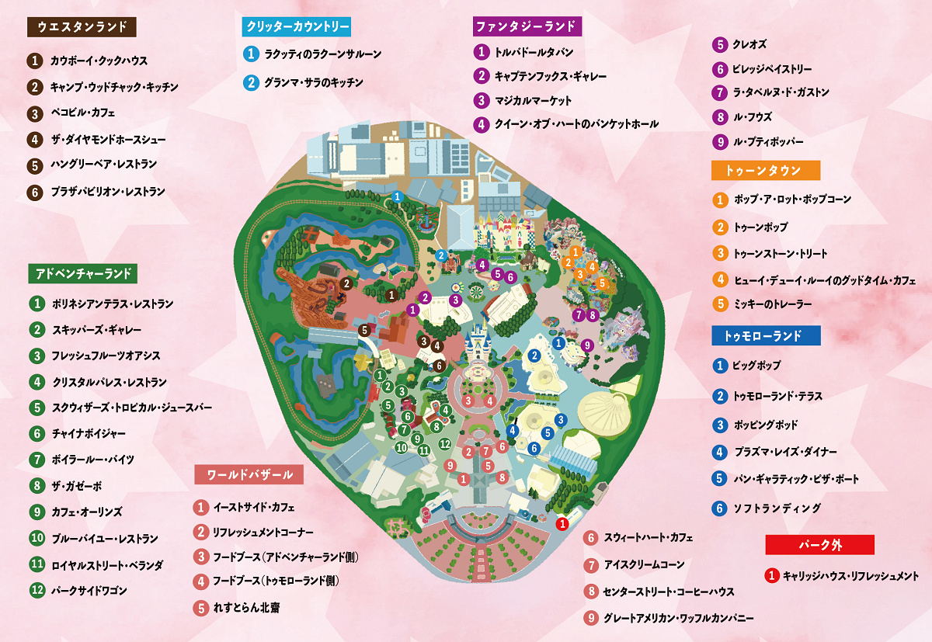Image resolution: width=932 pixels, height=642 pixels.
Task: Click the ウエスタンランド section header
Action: point(82,27)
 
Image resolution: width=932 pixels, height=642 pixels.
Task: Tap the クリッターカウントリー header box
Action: point(296,26)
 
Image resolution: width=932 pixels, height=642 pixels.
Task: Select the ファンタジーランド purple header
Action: point(527,26)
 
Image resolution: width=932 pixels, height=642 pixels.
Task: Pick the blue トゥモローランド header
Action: point(766,335)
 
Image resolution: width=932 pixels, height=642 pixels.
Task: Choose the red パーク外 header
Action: point(819,545)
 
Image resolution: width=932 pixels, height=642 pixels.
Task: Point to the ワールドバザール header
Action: point(249,474)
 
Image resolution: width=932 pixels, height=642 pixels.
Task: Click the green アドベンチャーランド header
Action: point(83,273)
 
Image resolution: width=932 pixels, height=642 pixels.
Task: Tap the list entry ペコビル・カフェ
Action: point(82,113)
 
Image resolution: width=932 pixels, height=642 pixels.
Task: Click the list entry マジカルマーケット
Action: point(533,100)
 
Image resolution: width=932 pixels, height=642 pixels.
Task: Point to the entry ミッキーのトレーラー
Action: point(772,304)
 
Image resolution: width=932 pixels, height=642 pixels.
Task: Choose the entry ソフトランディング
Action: point(777,508)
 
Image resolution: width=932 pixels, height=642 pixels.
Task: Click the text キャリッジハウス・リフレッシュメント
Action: point(850,576)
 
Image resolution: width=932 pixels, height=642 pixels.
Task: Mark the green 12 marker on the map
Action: point(445,443)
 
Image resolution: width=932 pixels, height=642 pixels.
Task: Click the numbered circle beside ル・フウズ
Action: point(720,117)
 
